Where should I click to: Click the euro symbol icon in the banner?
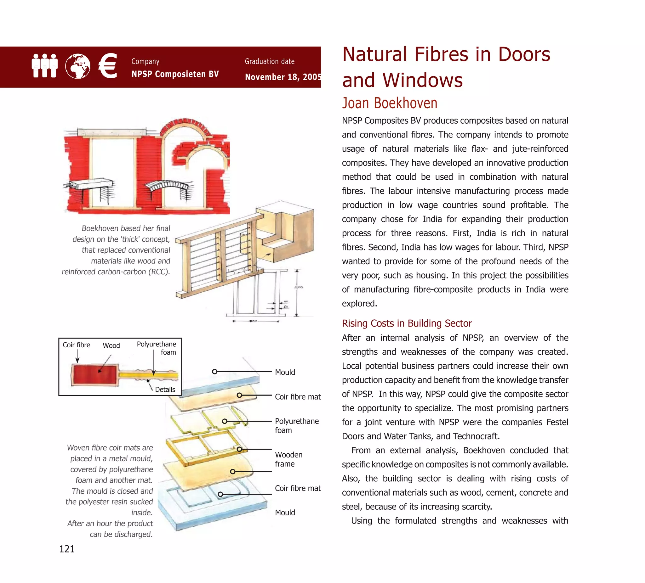pyautogui.click(x=108, y=66)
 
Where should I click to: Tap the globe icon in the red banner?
pyautogui.click(x=77, y=66)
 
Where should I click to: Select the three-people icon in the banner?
pyautogui.click(x=44, y=65)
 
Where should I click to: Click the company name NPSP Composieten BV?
pyautogui.click(x=175, y=74)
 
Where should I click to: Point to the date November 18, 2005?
pyautogui.click(x=283, y=77)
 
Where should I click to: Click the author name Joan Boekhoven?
pyautogui.click(x=389, y=103)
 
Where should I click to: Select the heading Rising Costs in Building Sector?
pyautogui.click(x=407, y=323)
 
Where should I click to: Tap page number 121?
pyautogui.click(x=67, y=549)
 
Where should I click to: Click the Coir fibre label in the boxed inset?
pyautogui.click(x=76, y=345)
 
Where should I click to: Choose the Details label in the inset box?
pyautogui.click(x=165, y=389)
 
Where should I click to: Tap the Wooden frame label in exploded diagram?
pyautogui.click(x=288, y=459)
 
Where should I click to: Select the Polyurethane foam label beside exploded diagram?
pyautogui.click(x=296, y=425)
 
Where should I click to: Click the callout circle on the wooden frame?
pyautogui.click(x=239, y=449)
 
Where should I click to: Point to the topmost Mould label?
pyautogui.click(x=285, y=372)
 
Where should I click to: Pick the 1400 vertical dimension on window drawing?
pyautogui.click(x=298, y=287)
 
